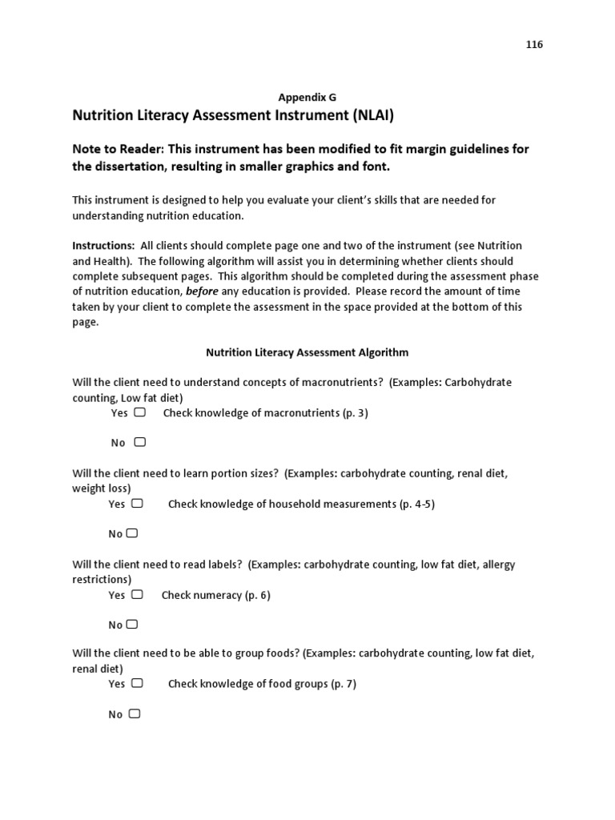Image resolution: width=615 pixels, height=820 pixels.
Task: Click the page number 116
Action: pyautogui.click(x=534, y=45)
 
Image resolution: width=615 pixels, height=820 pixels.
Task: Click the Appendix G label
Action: pyautogui.click(x=307, y=97)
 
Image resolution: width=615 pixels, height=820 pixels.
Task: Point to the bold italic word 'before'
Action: pyautogui.click(x=202, y=291)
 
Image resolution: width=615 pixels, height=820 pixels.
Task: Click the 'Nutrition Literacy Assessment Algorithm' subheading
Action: pyautogui.click(x=307, y=352)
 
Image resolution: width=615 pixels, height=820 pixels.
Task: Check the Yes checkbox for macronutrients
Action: pyautogui.click(x=140, y=412)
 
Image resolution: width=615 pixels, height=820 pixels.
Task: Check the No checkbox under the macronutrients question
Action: pyautogui.click(x=140, y=442)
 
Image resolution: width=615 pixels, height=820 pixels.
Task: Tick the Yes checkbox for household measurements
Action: pyautogui.click(x=137, y=504)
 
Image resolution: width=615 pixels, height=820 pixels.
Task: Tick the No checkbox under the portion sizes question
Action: pyautogui.click(x=132, y=533)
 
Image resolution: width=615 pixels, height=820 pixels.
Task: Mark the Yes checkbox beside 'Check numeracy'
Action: pyautogui.click(x=137, y=595)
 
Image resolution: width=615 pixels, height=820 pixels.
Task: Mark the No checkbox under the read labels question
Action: pyautogui.click(x=132, y=625)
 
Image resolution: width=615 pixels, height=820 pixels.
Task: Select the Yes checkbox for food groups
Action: pyautogui.click(x=137, y=684)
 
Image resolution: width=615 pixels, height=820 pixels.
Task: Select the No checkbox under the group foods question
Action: pyautogui.click(x=134, y=713)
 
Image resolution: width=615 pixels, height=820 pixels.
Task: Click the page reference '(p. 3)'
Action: pyautogui.click(x=355, y=413)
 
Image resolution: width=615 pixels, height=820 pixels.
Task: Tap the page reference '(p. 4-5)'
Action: pyautogui.click(x=416, y=504)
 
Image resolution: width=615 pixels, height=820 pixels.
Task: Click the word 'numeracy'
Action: pyautogui.click(x=217, y=596)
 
